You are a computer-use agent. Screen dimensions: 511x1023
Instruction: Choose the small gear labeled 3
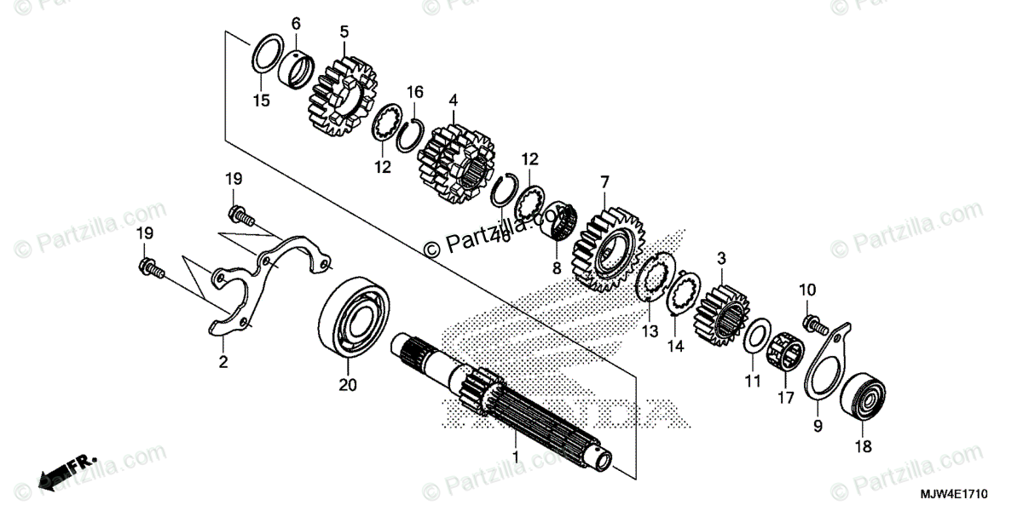click(x=722, y=314)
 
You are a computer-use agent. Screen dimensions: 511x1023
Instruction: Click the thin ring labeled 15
click(x=267, y=56)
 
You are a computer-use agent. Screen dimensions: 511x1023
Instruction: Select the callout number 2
click(x=223, y=363)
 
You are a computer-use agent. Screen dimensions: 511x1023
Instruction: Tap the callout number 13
click(x=650, y=330)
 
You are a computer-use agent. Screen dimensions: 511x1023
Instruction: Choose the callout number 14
click(x=675, y=346)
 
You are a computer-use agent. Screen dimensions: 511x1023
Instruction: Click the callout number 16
click(x=415, y=91)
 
